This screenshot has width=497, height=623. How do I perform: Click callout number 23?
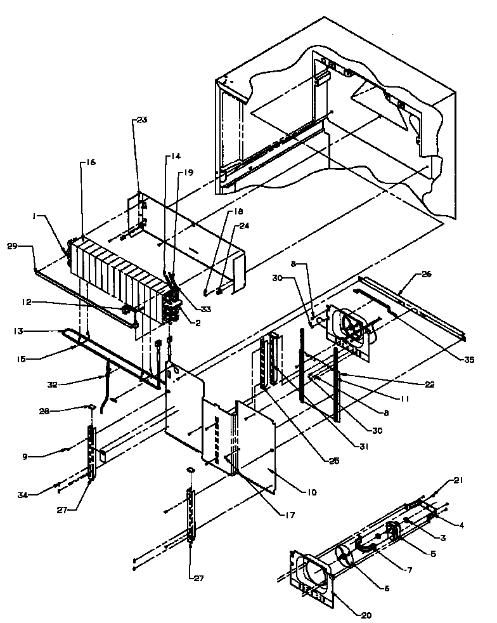141,121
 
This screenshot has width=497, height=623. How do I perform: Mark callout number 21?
458,480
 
